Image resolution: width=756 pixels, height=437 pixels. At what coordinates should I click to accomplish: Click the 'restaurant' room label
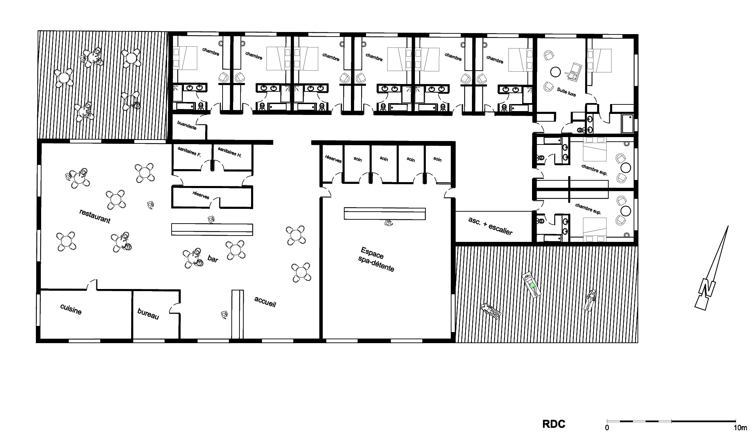click(x=95, y=216)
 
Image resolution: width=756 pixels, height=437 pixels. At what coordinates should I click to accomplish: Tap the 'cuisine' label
click(x=71, y=309)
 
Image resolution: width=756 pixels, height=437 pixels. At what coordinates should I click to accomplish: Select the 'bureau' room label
click(x=148, y=314)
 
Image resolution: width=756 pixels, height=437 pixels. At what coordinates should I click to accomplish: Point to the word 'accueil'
click(x=265, y=301)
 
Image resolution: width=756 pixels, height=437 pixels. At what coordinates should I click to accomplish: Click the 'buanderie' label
click(x=187, y=126)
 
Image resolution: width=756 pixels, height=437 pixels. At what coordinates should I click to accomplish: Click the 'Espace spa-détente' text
click(x=376, y=259)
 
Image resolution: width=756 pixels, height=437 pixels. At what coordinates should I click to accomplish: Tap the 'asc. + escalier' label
click(x=490, y=226)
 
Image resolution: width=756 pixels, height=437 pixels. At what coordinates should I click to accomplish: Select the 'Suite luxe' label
click(x=566, y=92)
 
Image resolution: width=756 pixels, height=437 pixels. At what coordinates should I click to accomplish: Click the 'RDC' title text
click(x=554, y=424)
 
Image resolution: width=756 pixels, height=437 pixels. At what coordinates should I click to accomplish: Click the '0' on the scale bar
click(x=607, y=428)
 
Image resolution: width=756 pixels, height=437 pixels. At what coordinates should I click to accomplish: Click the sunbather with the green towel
click(x=532, y=285)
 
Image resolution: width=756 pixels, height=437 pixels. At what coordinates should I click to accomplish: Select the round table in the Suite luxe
click(x=555, y=72)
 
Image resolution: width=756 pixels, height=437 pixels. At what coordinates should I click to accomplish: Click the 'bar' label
click(x=213, y=259)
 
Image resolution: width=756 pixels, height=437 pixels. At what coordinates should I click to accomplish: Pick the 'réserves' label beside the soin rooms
click(x=333, y=159)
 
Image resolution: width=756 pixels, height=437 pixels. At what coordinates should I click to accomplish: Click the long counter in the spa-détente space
click(x=385, y=214)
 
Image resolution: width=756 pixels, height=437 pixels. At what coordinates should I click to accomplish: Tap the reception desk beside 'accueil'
click(x=237, y=314)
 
